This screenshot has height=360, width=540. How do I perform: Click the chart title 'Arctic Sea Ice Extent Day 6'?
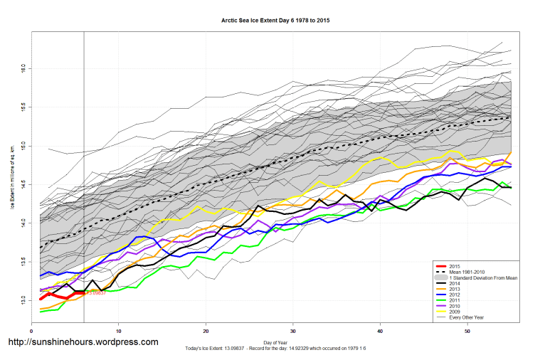pos(276,21)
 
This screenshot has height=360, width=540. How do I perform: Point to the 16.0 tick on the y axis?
pos(23,68)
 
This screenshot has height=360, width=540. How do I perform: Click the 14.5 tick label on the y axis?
pos(23,184)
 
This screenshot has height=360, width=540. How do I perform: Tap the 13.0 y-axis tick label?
pos(23,300)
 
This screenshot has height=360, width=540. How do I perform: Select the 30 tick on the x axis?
pos(293,331)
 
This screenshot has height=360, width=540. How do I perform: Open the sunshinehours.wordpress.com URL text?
pos(83,342)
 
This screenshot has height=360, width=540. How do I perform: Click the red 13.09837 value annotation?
pos(96,293)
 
